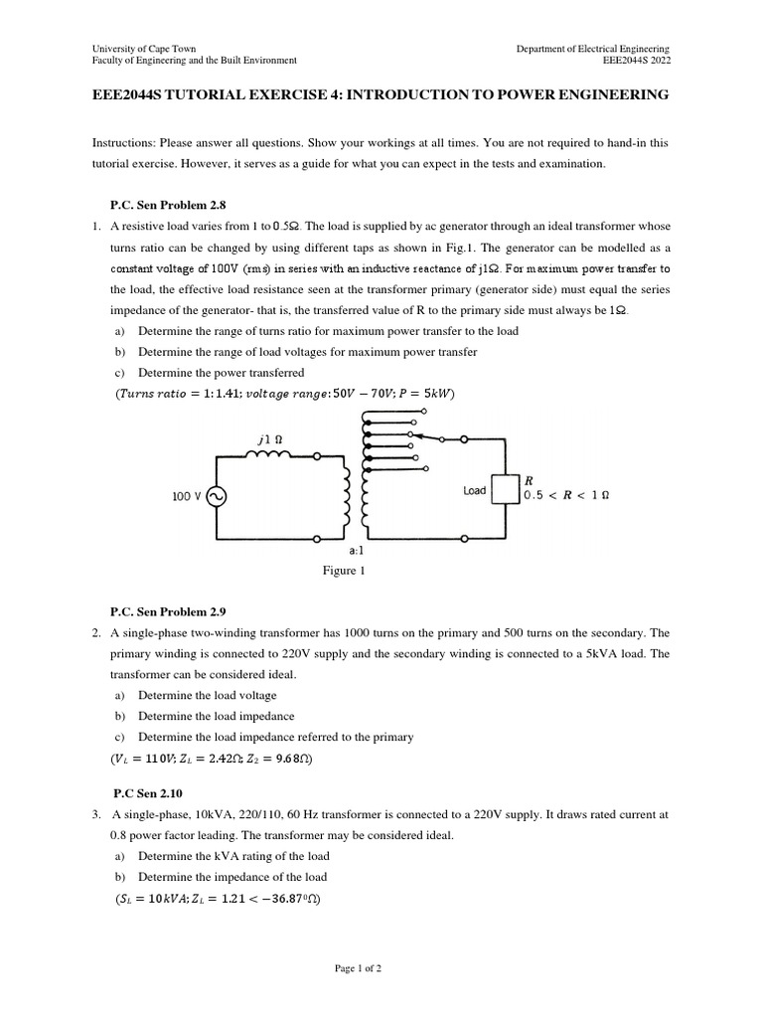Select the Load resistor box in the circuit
pyautogui.click(x=506, y=490)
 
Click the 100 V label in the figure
pyautogui.click(x=187, y=496)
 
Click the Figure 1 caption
pyautogui.click(x=343, y=571)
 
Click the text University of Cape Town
pyautogui.click(x=144, y=49)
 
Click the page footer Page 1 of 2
pyautogui.click(x=381, y=967)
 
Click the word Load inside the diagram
pyautogui.click(x=475, y=491)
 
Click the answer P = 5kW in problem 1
pyautogui.click(x=424, y=395)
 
